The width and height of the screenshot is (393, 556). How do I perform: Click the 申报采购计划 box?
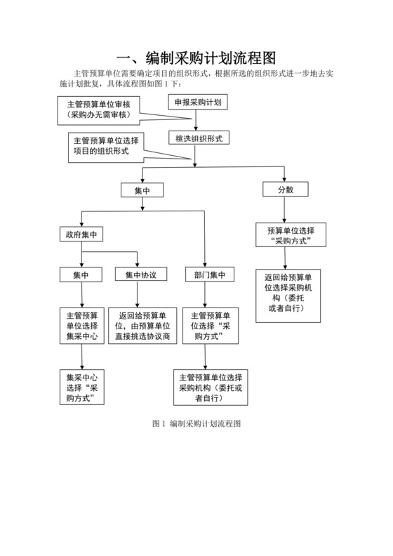click(x=198, y=102)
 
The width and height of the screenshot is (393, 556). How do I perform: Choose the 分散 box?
click(x=284, y=190)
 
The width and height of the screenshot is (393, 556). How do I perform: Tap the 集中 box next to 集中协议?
click(x=81, y=274)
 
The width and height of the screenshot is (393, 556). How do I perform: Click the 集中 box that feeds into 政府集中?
click(x=142, y=190)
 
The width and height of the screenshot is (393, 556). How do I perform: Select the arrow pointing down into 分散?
click(x=284, y=175)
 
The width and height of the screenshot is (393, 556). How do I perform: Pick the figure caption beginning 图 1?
click(x=196, y=424)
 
